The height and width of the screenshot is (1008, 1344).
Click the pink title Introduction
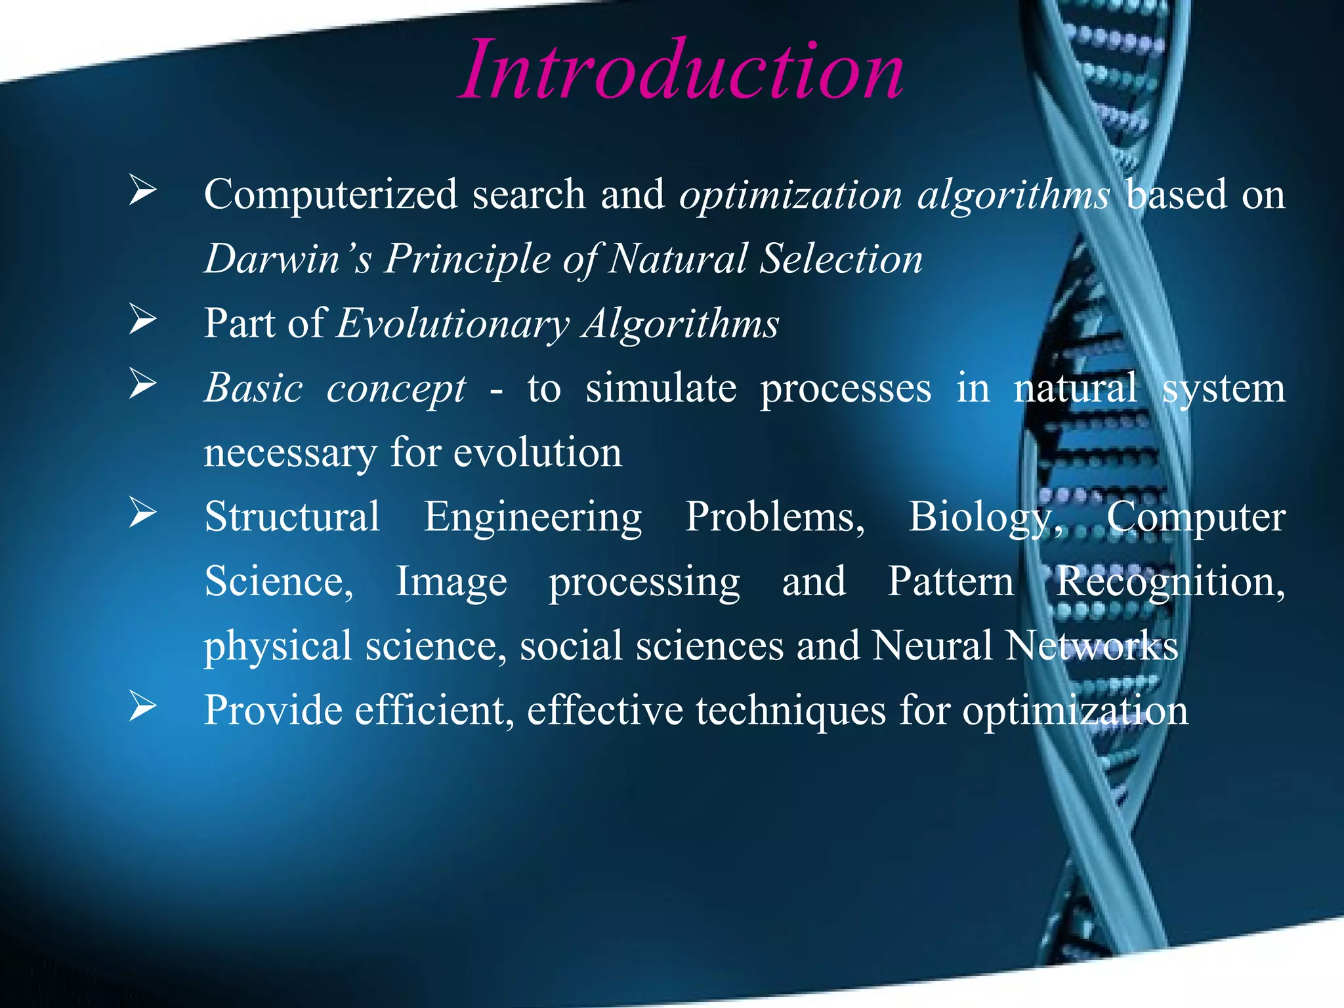point(681,71)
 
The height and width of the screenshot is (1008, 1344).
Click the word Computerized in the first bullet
point(330,195)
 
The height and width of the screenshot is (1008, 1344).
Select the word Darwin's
point(287,259)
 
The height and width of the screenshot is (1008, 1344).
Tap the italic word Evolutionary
point(453,324)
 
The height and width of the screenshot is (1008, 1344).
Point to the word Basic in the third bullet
point(253,388)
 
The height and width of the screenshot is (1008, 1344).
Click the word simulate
point(661,388)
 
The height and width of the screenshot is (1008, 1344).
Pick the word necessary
point(289,453)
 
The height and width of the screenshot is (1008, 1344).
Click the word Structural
point(292,516)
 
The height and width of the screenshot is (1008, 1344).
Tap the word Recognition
point(1169,582)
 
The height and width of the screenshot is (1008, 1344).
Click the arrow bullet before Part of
point(142,320)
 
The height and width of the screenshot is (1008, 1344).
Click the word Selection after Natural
point(841,259)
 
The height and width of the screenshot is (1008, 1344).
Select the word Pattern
point(950,582)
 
